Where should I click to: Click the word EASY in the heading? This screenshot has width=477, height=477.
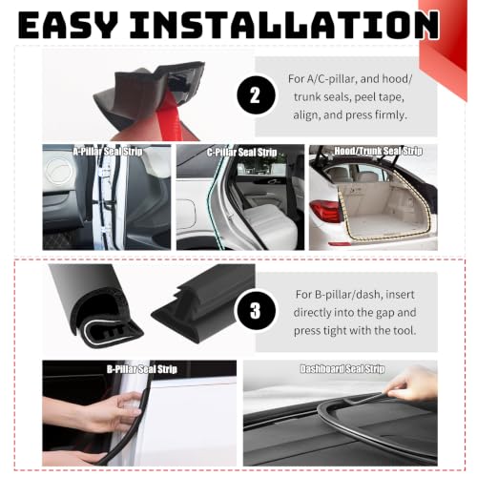pos(68,25)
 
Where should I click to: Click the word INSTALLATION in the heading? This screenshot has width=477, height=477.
pos(284,25)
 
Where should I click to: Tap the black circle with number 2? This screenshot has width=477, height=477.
pos(256,95)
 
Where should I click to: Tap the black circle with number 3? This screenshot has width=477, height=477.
pos(255,311)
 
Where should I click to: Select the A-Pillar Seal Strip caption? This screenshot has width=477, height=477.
pos(108,152)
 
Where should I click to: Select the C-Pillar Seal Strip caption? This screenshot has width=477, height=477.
pos(241,152)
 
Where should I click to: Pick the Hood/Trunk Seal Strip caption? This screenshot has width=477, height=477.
pos(378,151)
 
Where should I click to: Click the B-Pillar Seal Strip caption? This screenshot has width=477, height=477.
pos(142,369)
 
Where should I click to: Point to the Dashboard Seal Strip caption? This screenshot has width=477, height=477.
pos(342,369)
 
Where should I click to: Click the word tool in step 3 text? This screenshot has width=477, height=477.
pos(404,330)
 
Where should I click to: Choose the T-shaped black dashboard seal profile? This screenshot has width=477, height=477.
pos(203,302)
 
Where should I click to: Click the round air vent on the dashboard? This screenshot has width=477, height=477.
pos(59,172)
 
